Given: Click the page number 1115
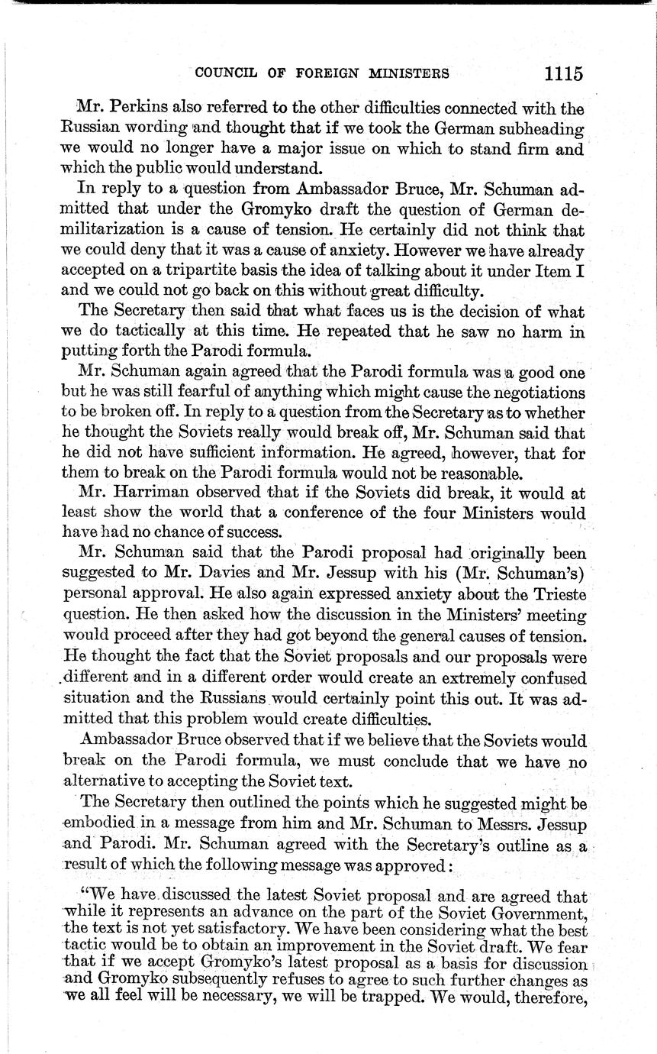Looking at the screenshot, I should coord(564,73).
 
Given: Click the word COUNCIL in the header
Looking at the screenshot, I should coord(223,74).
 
